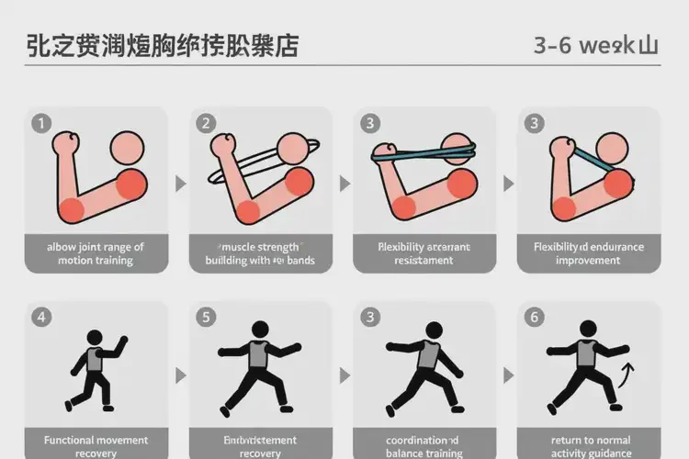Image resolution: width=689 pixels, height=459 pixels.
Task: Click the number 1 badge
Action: click(x=40, y=123)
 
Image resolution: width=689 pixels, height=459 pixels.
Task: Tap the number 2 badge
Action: click(x=206, y=123)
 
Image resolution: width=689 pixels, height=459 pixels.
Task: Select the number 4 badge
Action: click(x=40, y=318)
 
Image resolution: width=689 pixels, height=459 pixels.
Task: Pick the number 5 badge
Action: click(x=206, y=318)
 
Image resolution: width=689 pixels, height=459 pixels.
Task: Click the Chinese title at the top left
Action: click(x=162, y=46)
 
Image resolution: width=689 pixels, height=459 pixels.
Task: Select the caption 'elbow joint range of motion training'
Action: click(x=96, y=253)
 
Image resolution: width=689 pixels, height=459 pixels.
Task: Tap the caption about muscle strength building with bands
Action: click(x=260, y=253)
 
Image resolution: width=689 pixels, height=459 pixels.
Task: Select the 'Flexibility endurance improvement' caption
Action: click(x=589, y=253)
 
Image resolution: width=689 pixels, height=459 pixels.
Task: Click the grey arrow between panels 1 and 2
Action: click(x=180, y=184)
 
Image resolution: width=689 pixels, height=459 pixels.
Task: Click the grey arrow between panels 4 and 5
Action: click(x=180, y=375)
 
